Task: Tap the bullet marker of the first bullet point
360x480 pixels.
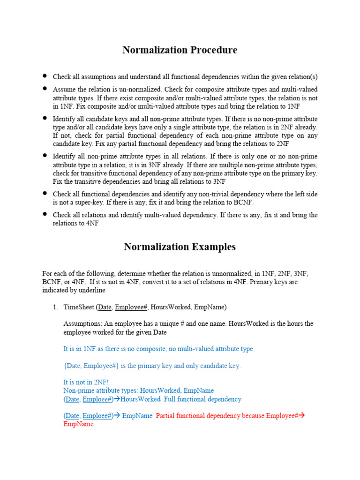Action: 45,75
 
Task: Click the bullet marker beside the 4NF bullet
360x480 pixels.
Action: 45,214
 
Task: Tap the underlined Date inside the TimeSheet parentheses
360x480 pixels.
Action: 105,307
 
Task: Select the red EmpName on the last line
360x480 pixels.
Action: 78,424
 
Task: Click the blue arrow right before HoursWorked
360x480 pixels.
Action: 117,399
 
